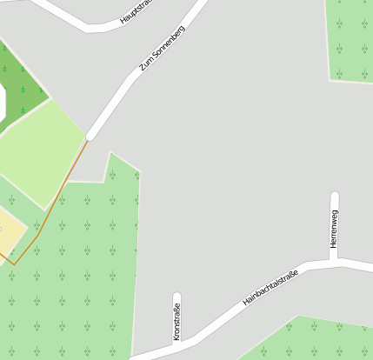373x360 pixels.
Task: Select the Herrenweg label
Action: (335, 229)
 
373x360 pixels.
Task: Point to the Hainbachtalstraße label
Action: (270, 288)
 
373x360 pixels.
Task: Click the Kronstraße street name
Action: (177, 321)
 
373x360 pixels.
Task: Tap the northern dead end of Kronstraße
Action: (177, 297)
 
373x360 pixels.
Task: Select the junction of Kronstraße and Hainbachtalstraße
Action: (177, 341)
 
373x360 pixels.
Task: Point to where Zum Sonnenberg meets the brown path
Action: (88, 137)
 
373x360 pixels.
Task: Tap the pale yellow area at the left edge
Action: (9, 230)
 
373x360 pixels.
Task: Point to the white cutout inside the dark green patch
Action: (2, 103)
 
